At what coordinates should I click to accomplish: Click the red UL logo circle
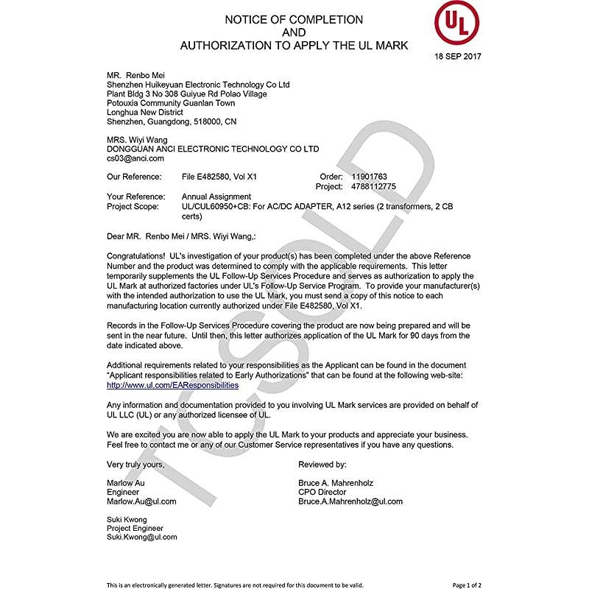click(456, 24)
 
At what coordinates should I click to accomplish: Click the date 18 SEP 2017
click(458, 56)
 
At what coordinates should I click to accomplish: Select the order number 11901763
click(370, 177)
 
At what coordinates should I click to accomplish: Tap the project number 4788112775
click(374, 187)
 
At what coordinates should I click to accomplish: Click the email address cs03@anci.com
click(135, 158)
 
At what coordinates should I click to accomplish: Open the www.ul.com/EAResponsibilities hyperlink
click(172, 385)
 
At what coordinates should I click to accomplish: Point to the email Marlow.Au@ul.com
click(141, 501)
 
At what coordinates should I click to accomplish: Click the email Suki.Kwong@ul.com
click(141, 537)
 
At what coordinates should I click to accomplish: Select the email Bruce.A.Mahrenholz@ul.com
click(350, 501)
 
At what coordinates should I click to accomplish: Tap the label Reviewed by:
click(322, 465)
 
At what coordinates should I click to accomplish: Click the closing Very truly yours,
click(135, 465)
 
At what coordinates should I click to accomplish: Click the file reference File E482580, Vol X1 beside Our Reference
click(219, 177)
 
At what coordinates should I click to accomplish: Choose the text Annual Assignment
click(216, 197)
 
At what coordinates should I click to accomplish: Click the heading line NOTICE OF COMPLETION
click(294, 20)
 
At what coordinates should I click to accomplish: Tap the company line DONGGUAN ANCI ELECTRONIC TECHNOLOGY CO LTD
click(213, 149)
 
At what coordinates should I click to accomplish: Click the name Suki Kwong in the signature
click(127, 520)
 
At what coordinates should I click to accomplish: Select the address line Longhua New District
click(145, 112)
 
